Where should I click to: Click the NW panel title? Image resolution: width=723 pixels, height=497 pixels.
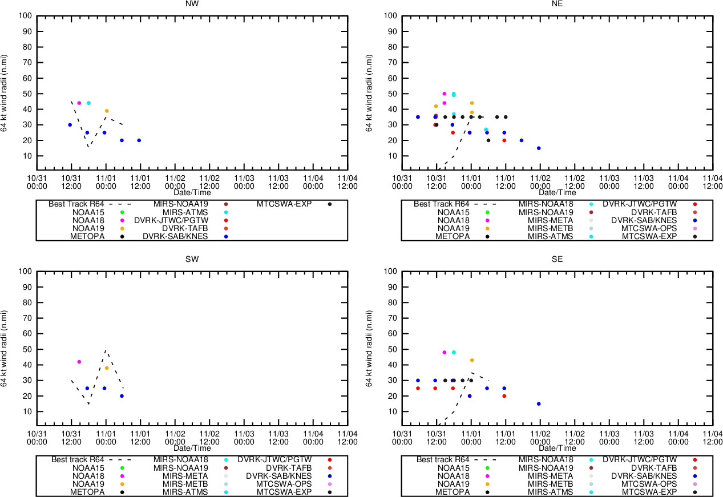click(x=192, y=3)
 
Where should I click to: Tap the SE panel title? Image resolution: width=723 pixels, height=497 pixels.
click(x=557, y=259)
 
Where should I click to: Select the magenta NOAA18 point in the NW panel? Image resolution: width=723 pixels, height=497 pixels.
click(x=79, y=103)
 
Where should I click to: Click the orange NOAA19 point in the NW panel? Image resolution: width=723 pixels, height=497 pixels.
click(x=107, y=111)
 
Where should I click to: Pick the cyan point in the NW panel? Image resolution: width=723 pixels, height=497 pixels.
click(x=88, y=103)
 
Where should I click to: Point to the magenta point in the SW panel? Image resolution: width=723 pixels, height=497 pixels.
click(x=79, y=362)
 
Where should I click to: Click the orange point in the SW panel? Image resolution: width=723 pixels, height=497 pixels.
click(x=107, y=368)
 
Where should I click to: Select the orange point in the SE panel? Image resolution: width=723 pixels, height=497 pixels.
click(x=472, y=360)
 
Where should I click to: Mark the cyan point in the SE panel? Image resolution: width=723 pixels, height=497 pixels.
click(x=454, y=352)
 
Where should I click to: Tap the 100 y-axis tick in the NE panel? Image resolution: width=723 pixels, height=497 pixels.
click(x=390, y=15)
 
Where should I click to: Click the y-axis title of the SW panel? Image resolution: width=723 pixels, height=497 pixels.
click(x=5, y=348)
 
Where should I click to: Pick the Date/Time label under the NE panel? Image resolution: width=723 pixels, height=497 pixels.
click(x=557, y=192)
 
